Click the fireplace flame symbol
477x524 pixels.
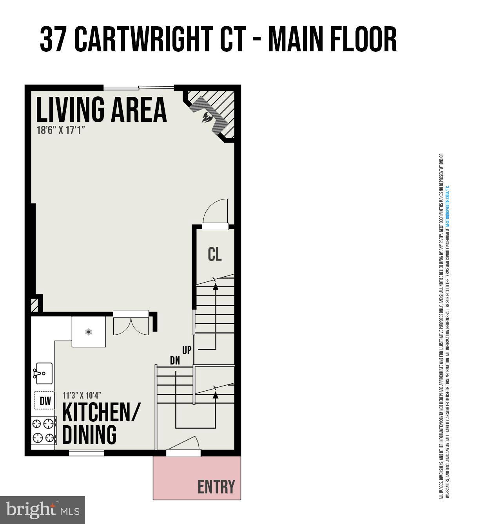pyautogui.click(x=206, y=117)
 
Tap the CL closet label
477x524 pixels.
pyautogui.click(x=214, y=254)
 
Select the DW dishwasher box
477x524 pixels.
pyautogui.click(x=45, y=401)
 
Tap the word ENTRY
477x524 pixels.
pyautogui.click(x=216, y=487)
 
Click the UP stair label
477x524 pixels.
pyautogui.click(x=187, y=350)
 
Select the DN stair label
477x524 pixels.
pyautogui.click(x=175, y=360)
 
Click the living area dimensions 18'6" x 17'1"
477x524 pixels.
pyautogui.click(x=61, y=130)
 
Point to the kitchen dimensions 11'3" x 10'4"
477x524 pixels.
pyautogui.click(x=82, y=395)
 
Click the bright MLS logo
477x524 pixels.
pyautogui.click(x=42, y=510)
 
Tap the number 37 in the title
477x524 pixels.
pyautogui.click(x=53, y=40)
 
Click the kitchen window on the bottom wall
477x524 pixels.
pyautogui.click(x=87, y=453)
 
